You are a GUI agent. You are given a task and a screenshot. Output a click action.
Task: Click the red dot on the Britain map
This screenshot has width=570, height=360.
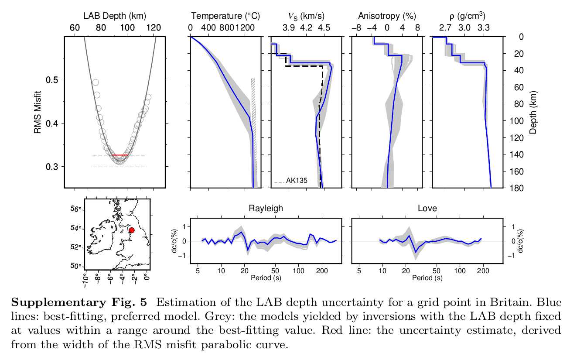132,230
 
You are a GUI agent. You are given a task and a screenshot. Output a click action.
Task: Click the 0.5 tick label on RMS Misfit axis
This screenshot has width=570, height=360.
52,80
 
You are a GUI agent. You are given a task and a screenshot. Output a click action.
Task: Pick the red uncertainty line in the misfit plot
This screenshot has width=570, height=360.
119,155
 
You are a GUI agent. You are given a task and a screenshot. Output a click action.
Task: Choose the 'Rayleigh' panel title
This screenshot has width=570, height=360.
266,209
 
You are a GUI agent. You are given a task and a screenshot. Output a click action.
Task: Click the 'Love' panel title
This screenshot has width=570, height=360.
427,209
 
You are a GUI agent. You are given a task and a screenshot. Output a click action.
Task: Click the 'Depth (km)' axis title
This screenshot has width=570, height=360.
534,113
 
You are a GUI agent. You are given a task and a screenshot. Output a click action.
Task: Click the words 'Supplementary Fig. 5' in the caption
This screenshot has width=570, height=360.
79,302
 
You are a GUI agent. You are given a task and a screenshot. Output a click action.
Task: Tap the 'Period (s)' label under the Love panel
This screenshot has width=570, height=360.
427,278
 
